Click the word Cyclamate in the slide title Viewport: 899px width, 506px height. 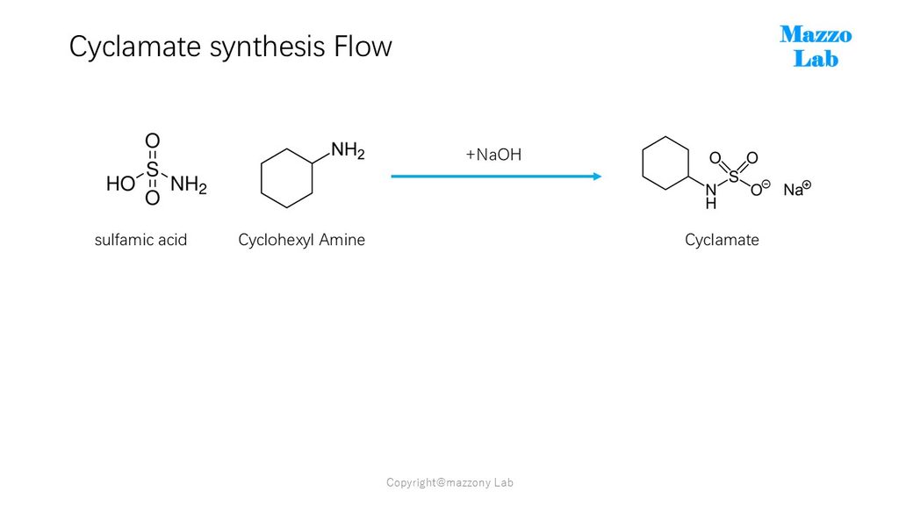pyautogui.click(x=134, y=47)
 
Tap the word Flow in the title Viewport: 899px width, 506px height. pyautogui.click(x=363, y=46)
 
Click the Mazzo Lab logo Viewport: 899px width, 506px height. pyautogui.click(x=816, y=47)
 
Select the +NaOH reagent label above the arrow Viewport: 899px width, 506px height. pyautogui.click(x=493, y=155)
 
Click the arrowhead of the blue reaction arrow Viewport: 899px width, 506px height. pyautogui.click(x=597, y=176)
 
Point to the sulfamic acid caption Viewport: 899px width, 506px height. pyautogui.click(x=141, y=240)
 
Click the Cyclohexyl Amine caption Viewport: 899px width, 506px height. pyautogui.click(x=302, y=240)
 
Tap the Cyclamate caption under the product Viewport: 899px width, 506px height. pyautogui.click(x=722, y=240)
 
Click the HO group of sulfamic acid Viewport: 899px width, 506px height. pyautogui.click(x=120, y=184)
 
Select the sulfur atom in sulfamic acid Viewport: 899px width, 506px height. pyautogui.click(x=152, y=170)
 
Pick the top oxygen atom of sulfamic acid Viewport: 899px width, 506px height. pyautogui.click(x=152, y=141)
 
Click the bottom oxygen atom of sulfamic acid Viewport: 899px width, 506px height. pyautogui.click(x=152, y=198)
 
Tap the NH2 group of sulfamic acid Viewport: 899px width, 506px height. pyautogui.click(x=189, y=184)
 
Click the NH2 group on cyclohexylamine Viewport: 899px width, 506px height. pyautogui.click(x=348, y=151)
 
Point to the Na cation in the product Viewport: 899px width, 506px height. pyautogui.click(x=797, y=189)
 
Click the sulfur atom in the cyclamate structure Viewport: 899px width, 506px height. pyautogui.click(x=734, y=177)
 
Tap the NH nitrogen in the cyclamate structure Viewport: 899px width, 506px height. pyautogui.click(x=711, y=191)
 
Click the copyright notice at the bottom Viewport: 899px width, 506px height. pyautogui.click(x=450, y=482)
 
